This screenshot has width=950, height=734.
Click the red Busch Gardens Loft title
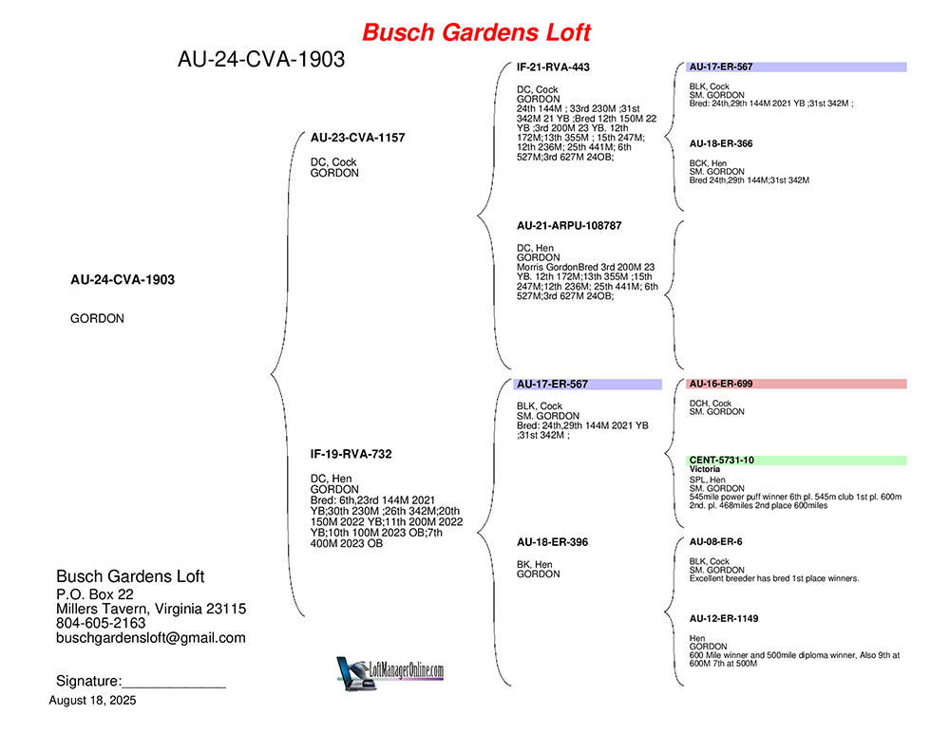point(476,32)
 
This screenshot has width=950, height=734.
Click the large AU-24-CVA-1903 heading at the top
point(261,60)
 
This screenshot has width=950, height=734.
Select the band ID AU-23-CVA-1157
point(357,138)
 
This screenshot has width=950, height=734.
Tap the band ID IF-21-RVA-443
point(553,67)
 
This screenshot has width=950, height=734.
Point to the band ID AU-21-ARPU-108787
point(569,226)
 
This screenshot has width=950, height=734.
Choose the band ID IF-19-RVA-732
point(351,454)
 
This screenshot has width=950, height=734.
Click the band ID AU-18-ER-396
point(552,542)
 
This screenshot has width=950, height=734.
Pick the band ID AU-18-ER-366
point(721,143)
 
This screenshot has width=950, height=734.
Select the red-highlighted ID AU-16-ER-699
point(721,384)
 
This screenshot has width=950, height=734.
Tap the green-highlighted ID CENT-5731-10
point(722,461)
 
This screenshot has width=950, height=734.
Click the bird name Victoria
point(705,469)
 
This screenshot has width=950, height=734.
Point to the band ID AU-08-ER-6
point(715,542)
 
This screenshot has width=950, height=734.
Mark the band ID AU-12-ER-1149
point(723,618)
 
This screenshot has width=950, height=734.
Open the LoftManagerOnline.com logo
point(390,673)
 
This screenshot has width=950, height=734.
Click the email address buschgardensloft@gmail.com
point(151,638)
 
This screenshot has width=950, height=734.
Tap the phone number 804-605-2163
point(101,623)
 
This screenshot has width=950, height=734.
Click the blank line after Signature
point(174,687)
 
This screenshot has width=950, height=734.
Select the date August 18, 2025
point(93,701)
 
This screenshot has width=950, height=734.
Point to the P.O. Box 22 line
point(94,594)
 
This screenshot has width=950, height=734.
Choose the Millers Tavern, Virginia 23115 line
point(151,609)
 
